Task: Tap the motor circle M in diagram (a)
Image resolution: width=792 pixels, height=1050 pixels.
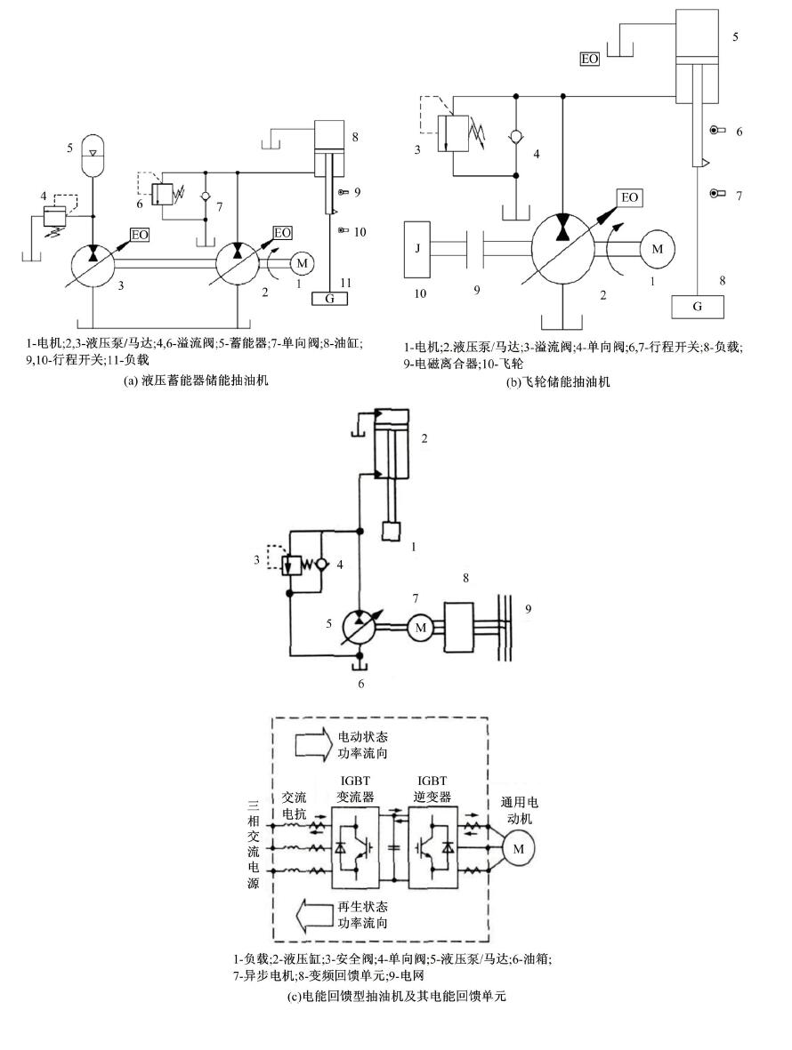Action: pos(301,262)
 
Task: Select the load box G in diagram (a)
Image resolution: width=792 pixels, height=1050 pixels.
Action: pos(330,298)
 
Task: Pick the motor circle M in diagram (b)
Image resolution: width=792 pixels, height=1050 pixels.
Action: pos(657,250)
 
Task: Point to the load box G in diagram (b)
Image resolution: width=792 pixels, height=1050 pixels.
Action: pos(698,308)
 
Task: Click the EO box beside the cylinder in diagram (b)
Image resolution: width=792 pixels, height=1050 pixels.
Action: pos(589,59)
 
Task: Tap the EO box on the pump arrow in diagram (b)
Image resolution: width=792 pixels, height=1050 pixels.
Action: pos(628,197)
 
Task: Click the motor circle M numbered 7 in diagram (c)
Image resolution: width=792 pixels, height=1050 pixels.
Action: pos(418,627)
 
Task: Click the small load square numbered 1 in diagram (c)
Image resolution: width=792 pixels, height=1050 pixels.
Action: pos(391,531)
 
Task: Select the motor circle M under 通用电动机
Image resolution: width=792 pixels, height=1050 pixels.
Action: pos(515,849)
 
